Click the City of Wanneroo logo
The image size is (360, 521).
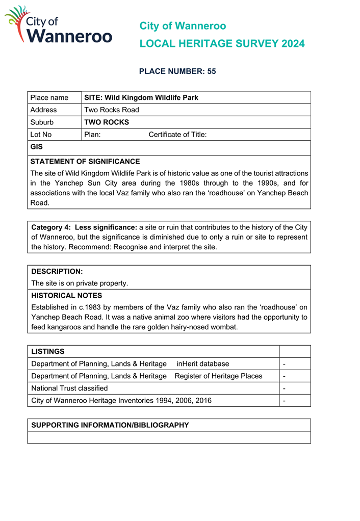[x=58, y=25]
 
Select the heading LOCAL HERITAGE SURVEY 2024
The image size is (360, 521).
[x=222, y=44]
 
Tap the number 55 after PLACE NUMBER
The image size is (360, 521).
[x=212, y=71]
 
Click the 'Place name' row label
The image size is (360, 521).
[x=49, y=97]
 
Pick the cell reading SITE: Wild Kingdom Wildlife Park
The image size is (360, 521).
[x=141, y=97]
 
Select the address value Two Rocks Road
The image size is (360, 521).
[x=112, y=110]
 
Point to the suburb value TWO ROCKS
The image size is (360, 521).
[x=107, y=122]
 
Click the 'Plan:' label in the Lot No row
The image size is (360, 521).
[x=92, y=135]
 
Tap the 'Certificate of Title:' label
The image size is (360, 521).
[x=177, y=135]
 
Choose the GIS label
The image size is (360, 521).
[x=37, y=147]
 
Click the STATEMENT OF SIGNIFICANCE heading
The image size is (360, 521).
[x=85, y=161]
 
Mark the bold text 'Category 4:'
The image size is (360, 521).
[x=51, y=227]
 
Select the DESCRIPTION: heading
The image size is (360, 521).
[x=57, y=271]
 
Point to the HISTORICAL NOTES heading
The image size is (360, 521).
[x=67, y=295]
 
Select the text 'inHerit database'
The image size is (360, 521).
[x=203, y=363]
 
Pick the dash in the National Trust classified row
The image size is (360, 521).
[x=284, y=388]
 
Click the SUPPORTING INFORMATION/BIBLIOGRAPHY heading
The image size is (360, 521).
[x=110, y=425]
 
